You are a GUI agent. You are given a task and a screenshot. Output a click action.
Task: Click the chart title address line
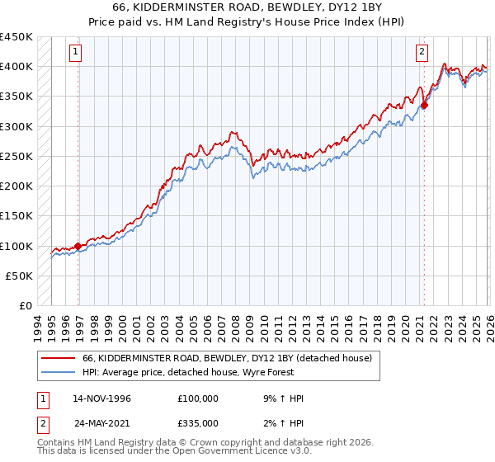247,7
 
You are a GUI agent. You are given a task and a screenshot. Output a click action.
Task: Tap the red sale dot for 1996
78,245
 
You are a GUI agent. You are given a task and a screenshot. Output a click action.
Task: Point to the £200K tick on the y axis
16,186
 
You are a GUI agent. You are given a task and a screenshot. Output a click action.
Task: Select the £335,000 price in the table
198,423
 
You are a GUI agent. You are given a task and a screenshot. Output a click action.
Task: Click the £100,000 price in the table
198,398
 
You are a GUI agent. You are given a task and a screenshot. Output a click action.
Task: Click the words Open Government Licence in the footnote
238,453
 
